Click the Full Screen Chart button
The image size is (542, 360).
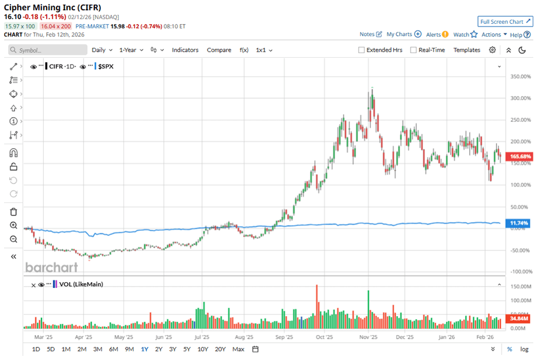coord(504,22)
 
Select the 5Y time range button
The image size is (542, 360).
coord(187,349)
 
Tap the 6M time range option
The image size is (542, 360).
coord(113,349)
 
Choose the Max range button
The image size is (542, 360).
coord(238,349)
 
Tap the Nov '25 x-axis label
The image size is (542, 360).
coord(368,337)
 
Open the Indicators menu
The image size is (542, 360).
coord(185,50)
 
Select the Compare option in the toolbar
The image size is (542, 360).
coord(219,50)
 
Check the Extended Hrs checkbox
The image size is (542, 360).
coord(362,50)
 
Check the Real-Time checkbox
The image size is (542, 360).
coord(413,50)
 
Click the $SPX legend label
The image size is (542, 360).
coord(106,66)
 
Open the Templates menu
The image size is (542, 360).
coord(466,50)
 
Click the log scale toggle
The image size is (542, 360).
coord(524,349)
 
